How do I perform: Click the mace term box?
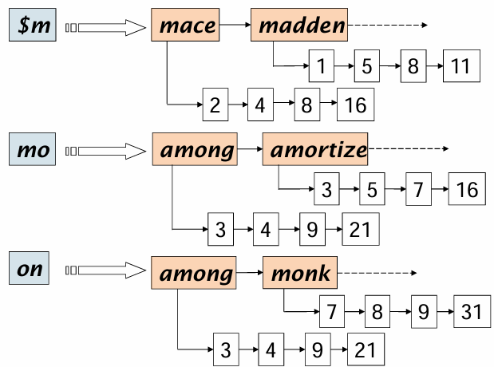coord(188,26)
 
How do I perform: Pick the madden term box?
coord(300,26)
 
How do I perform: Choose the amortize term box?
coord(317,149)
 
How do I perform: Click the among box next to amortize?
coord(196,149)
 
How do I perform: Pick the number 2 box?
coord(215,105)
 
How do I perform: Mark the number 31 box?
coord(470,311)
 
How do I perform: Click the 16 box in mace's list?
coord(356,105)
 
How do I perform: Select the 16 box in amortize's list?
coord(466,189)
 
